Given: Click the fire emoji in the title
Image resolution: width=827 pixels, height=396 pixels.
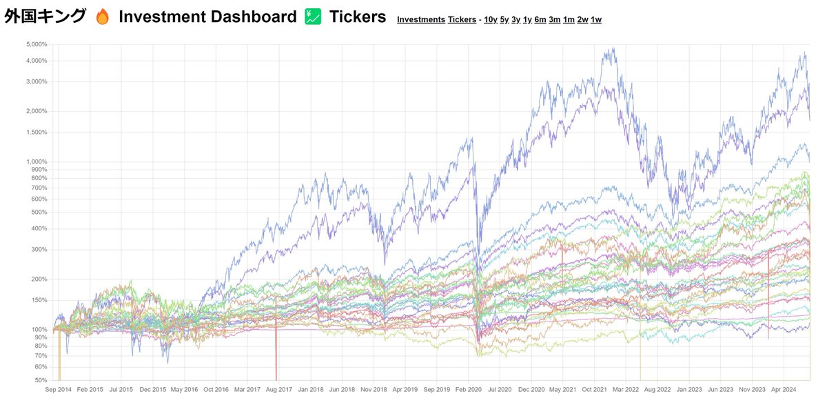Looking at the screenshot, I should (103, 17).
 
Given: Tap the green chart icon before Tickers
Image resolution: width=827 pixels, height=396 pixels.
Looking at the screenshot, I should (314, 17).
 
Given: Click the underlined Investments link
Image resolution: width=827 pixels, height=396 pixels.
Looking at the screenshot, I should (421, 19).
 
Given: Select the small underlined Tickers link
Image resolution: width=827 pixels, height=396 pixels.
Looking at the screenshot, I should (462, 19).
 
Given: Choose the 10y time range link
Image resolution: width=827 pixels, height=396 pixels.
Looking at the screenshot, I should (491, 19).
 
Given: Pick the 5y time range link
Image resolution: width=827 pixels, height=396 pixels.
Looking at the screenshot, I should (504, 19).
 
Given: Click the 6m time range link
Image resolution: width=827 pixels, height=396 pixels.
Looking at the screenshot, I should (540, 19).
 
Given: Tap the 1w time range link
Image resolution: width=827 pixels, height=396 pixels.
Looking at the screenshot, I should (596, 19).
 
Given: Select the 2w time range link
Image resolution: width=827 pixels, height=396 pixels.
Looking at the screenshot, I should (583, 19).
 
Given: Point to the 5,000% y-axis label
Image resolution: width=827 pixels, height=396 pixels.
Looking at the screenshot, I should (35, 44).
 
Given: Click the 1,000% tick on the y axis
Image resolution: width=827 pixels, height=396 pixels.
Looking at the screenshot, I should (35, 161).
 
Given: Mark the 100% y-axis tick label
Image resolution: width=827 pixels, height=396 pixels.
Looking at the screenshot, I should (38, 329).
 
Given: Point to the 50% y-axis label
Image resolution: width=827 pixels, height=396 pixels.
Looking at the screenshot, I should (40, 380).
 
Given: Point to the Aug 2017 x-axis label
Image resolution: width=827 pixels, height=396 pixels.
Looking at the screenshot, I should (280, 388).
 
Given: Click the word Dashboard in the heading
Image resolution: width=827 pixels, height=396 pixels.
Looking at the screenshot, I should (252, 17).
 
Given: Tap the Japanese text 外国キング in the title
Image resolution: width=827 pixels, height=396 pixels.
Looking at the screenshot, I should (45, 17).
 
